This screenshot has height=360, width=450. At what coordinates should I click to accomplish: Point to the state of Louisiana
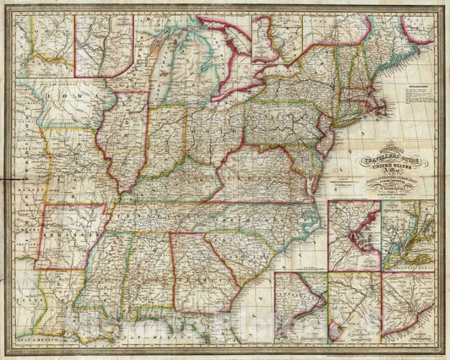click(84, 304)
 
